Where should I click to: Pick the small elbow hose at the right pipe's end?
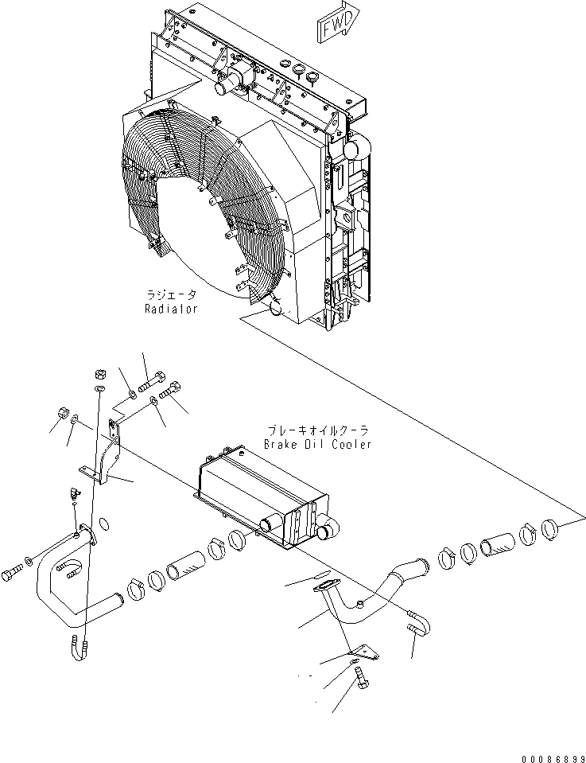tap(419, 627)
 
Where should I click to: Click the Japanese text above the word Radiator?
tap(172, 294)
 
